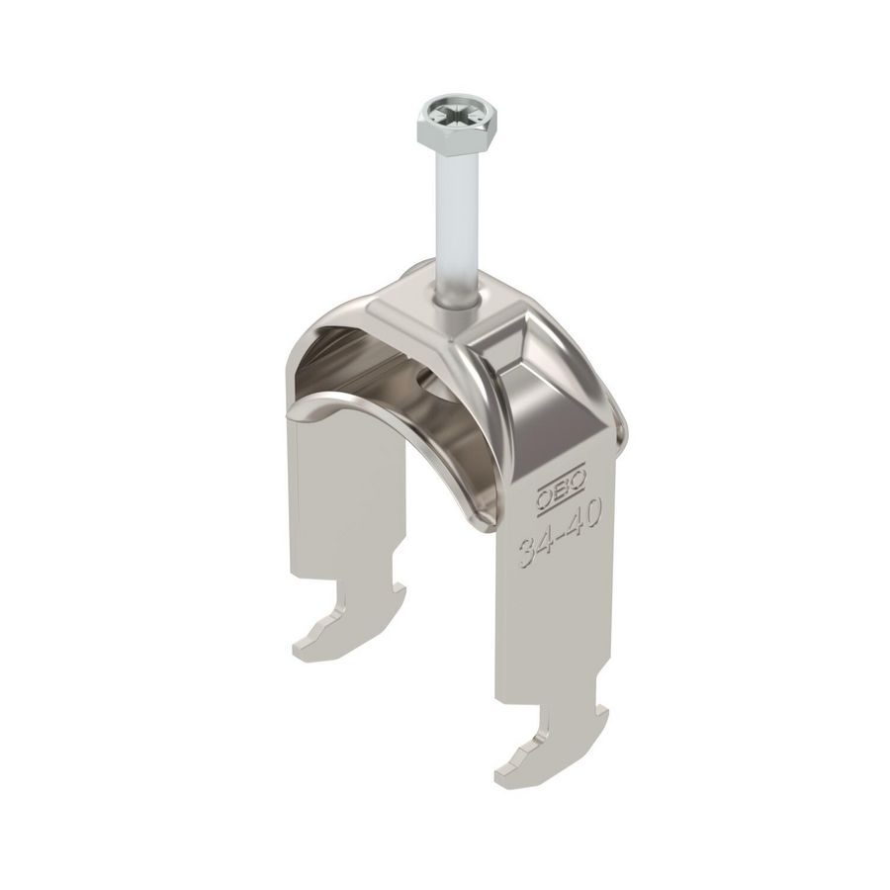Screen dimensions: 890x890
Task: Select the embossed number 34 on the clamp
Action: click(x=535, y=547)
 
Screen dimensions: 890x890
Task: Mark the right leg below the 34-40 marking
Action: click(x=554, y=633)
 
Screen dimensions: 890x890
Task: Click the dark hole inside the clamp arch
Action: click(x=425, y=380)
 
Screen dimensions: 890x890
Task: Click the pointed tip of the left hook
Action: click(x=298, y=653)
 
